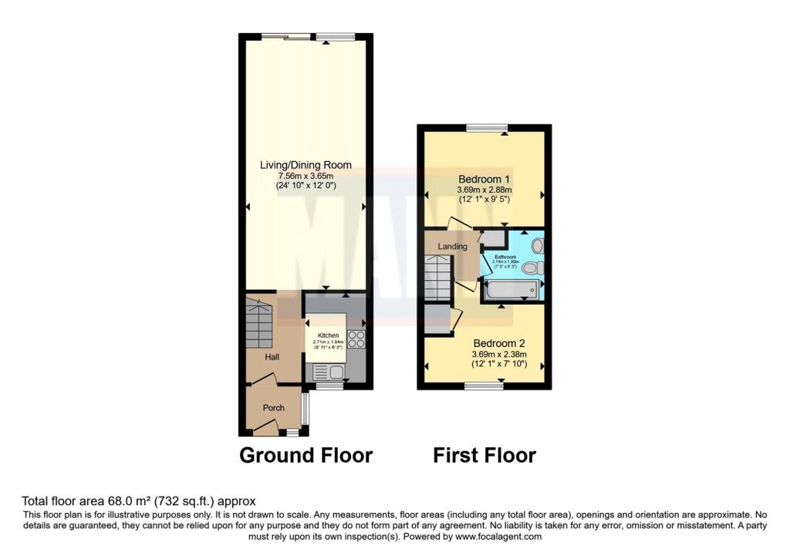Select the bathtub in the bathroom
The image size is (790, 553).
click(509, 291)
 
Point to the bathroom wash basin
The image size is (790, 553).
click(538, 245)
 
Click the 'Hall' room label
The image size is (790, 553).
click(272, 357)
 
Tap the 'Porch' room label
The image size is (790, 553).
click(273, 408)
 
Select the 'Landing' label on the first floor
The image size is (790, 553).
click(452, 247)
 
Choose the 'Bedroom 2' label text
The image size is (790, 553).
click(499, 343)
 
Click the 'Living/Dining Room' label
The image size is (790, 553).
click(306, 164)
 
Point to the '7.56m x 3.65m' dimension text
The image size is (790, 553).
click(306, 175)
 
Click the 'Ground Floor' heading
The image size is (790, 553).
click(306, 455)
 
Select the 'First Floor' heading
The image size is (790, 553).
click(484, 455)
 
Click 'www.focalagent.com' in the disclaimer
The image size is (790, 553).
click(498, 537)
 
